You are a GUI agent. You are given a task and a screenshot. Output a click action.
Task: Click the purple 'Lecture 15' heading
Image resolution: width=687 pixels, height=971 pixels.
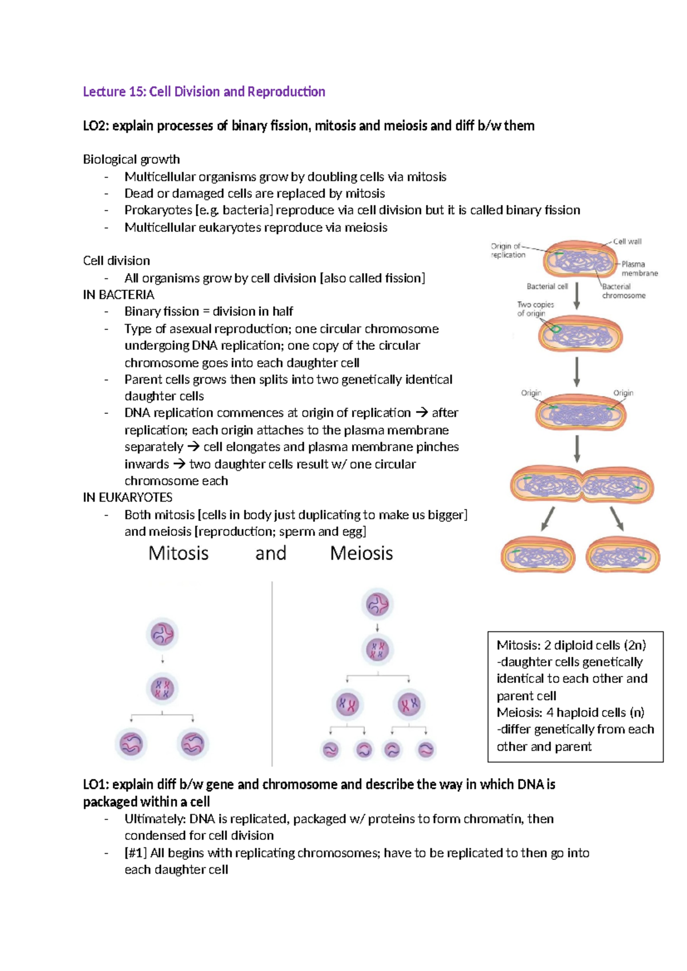pos(204,92)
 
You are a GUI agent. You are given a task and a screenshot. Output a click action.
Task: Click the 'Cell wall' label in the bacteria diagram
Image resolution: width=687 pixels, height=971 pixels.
pos(627,242)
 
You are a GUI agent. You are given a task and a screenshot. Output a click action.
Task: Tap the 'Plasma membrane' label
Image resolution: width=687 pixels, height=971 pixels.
pos(639,269)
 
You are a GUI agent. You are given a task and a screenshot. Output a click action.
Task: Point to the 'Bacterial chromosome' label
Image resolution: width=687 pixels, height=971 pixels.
pos(623,291)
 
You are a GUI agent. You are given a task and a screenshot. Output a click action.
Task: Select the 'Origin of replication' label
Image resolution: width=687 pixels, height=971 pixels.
pos(508,251)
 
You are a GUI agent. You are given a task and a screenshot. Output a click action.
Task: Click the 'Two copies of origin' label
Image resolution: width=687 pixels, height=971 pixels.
pos(535,309)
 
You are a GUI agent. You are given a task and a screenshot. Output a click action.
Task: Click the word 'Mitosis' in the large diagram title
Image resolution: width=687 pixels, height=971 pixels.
pos(178,553)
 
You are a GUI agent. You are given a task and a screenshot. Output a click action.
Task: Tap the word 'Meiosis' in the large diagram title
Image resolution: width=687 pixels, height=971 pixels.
pos(361,553)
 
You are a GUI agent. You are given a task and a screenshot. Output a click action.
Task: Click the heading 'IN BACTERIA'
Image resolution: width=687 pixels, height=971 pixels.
pos(119,295)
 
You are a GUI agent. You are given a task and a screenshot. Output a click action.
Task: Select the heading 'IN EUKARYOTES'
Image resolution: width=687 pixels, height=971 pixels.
pos(128,498)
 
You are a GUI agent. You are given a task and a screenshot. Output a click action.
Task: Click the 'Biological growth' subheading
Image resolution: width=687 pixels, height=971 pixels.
pos(131,159)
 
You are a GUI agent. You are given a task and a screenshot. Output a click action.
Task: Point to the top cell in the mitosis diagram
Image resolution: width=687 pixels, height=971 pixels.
pos(162,634)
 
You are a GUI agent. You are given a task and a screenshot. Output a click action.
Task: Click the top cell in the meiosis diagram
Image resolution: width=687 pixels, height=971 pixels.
pos(377,604)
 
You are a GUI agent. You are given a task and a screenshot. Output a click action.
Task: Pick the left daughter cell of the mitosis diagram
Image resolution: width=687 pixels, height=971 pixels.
pos(131,744)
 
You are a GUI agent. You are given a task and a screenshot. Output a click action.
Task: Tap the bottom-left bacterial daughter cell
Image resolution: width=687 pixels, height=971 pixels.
pos(538,556)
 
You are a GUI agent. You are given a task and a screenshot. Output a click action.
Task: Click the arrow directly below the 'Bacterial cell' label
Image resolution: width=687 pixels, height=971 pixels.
pos(577,296)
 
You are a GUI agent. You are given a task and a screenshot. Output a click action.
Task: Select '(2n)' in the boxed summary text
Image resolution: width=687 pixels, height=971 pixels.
pos(635,645)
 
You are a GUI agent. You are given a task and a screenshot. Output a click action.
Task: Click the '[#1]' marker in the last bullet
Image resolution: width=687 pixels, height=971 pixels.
pos(136,853)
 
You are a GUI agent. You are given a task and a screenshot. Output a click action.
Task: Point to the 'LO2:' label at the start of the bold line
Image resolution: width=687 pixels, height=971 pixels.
pos(96,126)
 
